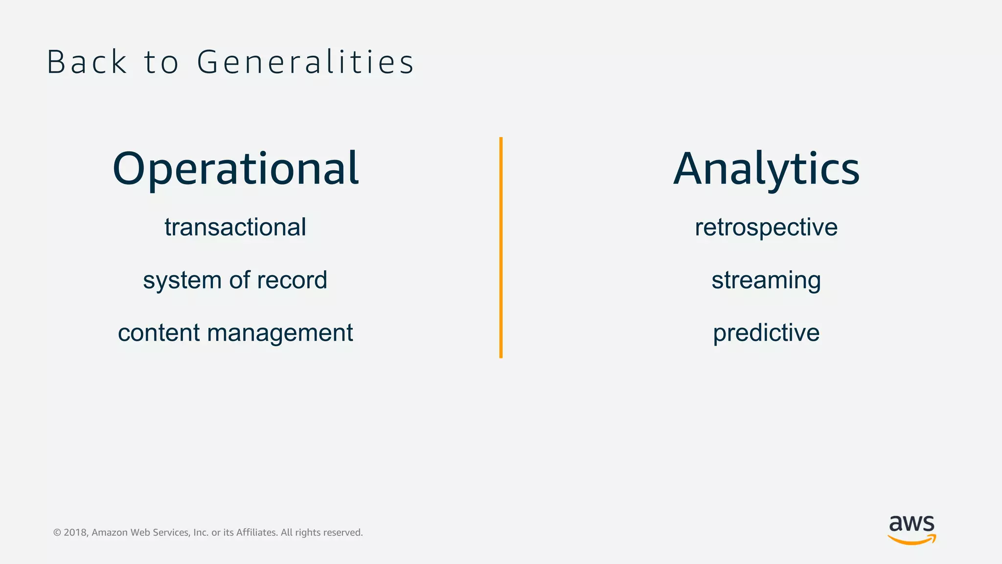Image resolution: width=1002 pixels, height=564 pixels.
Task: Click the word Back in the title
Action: pyautogui.click(x=87, y=63)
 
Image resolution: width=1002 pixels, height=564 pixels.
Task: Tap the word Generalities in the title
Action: pyautogui.click(x=306, y=63)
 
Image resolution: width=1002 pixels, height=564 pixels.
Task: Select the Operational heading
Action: pyautogui.click(x=235, y=169)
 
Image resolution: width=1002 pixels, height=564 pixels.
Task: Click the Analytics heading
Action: pyautogui.click(x=766, y=169)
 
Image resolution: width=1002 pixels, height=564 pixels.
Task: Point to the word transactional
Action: pyautogui.click(x=235, y=228)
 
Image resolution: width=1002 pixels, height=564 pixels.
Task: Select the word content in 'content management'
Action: pyautogui.click(x=159, y=333)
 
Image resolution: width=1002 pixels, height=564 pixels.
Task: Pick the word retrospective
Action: pyautogui.click(x=766, y=228)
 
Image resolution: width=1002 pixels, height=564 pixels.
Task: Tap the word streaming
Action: pyautogui.click(x=766, y=281)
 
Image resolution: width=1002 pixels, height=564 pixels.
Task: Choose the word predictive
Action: pyautogui.click(x=766, y=333)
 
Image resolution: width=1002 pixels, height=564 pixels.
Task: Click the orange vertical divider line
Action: pyautogui.click(x=501, y=248)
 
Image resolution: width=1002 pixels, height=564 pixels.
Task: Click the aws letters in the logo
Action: pyautogui.click(x=911, y=524)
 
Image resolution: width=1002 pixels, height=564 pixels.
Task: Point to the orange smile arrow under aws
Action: pyautogui.click(x=911, y=540)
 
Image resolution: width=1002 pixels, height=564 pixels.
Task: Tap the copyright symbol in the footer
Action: pyautogui.click(x=57, y=533)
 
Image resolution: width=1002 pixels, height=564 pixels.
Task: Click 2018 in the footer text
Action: pyautogui.click(x=75, y=533)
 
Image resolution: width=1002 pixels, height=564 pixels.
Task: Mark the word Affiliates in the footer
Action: pyautogui.click(x=256, y=533)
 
